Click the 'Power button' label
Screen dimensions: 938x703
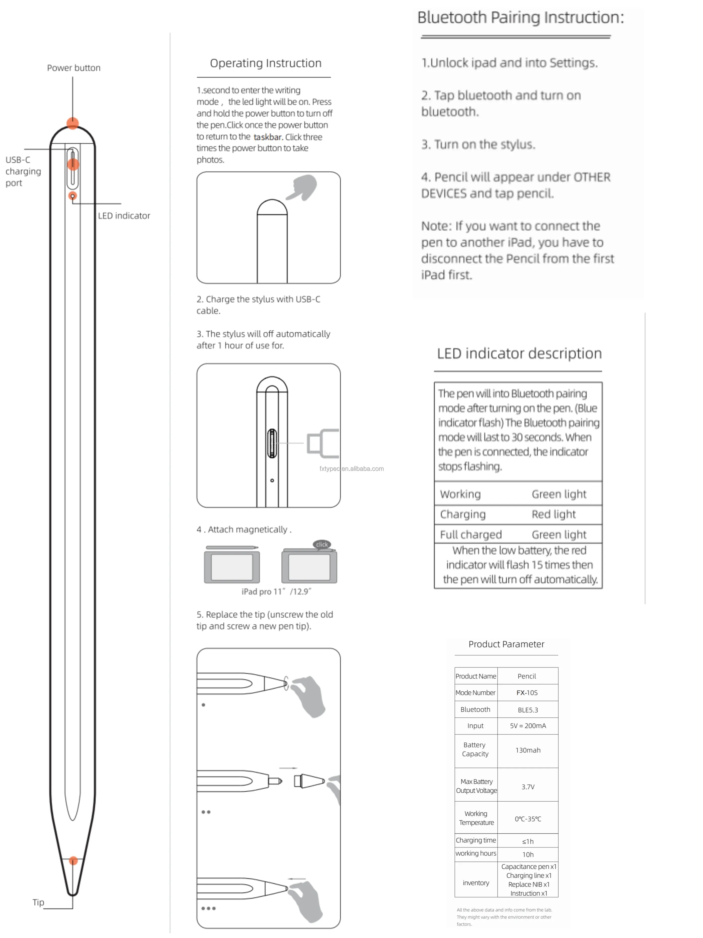click(74, 68)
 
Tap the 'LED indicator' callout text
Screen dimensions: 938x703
click(124, 216)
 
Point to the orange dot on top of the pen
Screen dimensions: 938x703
click(73, 123)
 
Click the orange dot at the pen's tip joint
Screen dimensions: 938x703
click(73, 861)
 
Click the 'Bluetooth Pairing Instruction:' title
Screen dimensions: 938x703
click(520, 17)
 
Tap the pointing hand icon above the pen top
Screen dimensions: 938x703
click(303, 187)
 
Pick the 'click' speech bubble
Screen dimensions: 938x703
click(322, 544)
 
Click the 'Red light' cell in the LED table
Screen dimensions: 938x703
click(553, 514)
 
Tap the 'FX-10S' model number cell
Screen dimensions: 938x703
click(527, 692)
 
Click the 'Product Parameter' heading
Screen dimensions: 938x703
click(506, 644)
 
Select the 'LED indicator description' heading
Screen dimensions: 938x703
click(519, 353)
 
